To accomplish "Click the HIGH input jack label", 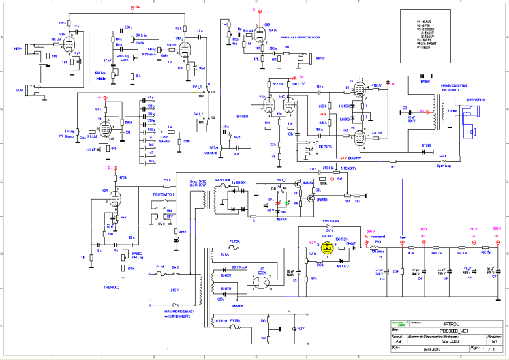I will click(x=19, y=49).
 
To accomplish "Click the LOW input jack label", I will click(x=20, y=90).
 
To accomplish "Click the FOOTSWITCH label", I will click(x=163, y=194).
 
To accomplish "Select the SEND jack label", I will click(x=320, y=58).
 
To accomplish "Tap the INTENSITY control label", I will click(x=350, y=168).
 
